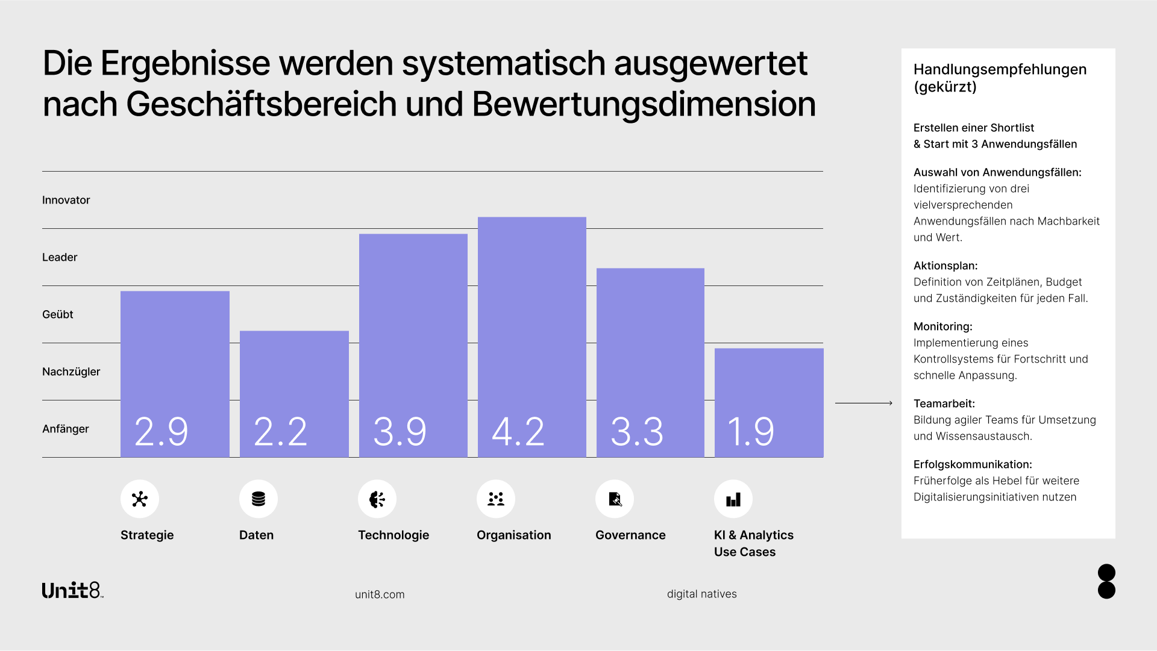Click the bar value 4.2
(518, 431)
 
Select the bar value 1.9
(751, 431)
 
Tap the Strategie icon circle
(140, 499)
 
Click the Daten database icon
(259, 499)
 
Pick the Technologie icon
(377, 499)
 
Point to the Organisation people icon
(496, 499)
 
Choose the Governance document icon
(615, 499)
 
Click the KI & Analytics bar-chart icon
(733, 499)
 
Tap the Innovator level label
(66, 200)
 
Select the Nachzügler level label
(71, 372)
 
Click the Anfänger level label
(65, 429)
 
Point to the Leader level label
(60, 257)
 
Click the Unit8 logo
(72, 590)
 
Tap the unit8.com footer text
(380, 594)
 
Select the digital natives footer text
(701, 594)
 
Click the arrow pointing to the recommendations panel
(864, 403)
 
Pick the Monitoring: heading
(942, 326)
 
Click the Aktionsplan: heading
(945, 266)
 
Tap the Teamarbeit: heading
(944, 403)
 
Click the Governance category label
(630, 535)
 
